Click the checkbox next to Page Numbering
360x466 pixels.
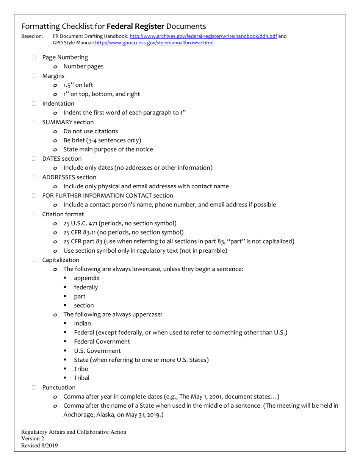tap(34, 57)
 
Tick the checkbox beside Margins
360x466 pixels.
tap(34, 76)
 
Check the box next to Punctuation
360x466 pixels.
tap(34, 388)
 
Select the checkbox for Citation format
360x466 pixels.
tap(34, 214)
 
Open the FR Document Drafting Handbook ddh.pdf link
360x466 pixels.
tap(203, 36)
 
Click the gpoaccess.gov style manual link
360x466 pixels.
tap(154, 43)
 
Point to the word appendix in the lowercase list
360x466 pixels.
tap(87, 278)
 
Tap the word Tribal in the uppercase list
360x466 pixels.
tap(82, 378)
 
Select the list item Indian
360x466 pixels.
tap(82, 324)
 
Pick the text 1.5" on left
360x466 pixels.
tap(78, 85)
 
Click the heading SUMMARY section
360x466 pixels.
tap(68, 122)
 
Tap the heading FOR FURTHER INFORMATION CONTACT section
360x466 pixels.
tap(108, 195)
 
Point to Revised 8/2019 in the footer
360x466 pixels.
tap(39, 446)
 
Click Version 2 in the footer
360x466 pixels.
tap(33, 439)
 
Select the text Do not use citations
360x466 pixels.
tap(91, 131)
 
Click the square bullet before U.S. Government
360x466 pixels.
tap(65, 351)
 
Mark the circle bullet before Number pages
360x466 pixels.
tap(55, 67)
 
